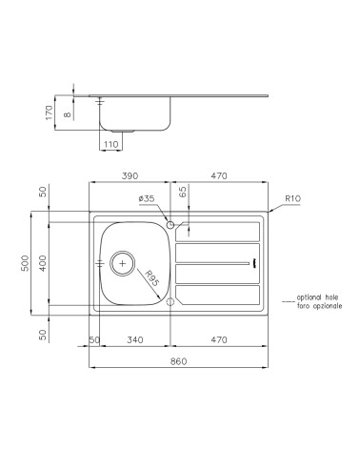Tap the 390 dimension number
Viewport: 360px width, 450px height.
tap(130, 175)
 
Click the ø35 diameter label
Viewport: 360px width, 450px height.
tap(147, 197)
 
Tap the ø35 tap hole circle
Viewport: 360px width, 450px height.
tap(170, 225)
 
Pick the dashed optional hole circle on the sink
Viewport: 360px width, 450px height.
tap(170, 301)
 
